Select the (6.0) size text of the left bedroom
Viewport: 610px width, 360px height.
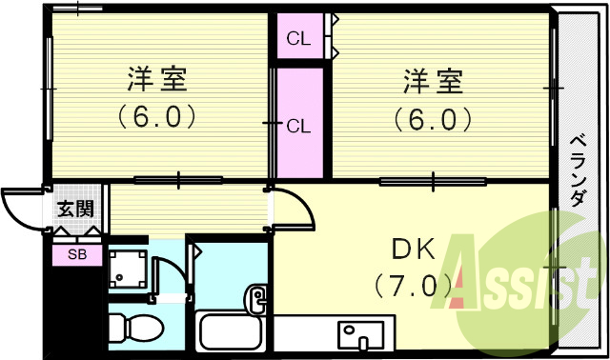(x=158, y=117)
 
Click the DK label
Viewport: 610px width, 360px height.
(x=412, y=250)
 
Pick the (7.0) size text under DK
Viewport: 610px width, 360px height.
(x=412, y=284)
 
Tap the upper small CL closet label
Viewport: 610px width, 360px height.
(x=298, y=39)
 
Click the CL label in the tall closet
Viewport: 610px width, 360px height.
(x=298, y=125)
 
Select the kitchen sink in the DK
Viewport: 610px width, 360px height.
(x=361, y=335)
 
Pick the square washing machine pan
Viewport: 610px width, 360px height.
(x=129, y=270)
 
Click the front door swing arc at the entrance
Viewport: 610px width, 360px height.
(x=21, y=209)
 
